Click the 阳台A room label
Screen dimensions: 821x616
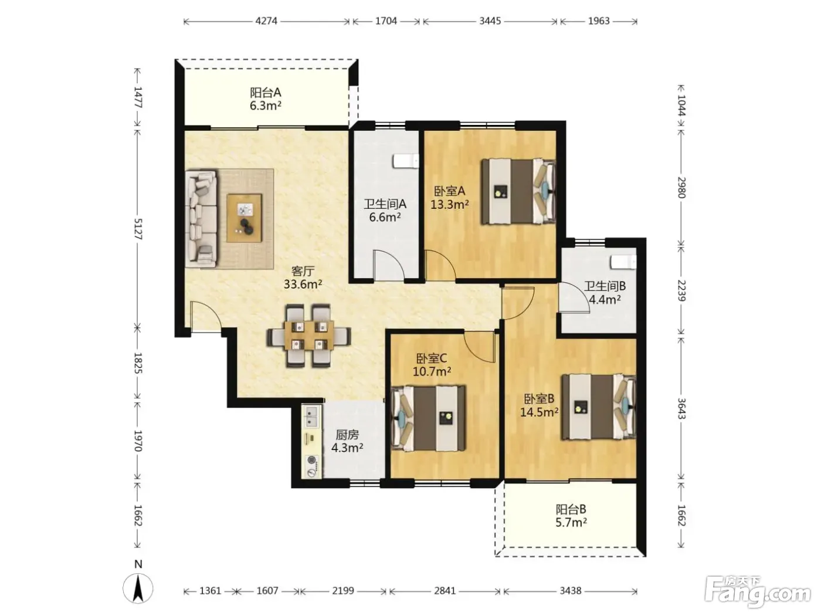pos(265,92)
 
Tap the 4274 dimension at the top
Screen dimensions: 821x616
pos(266,21)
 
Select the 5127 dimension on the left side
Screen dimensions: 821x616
pos(138,229)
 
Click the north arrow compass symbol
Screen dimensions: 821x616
pos(138,588)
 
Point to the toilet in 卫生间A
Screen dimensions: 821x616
pos(405,161)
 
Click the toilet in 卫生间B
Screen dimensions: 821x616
pos(623,262)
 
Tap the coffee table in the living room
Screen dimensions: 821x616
pos(244,218)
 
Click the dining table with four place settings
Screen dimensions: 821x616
pos(309,335)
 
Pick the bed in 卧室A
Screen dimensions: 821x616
pos(518,191)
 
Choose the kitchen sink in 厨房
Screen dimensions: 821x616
pos(311,417)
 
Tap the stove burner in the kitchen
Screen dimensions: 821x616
pos(312,466)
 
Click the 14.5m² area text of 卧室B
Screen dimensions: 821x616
pos(540,412)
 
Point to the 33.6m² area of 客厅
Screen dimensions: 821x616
pos(303,285)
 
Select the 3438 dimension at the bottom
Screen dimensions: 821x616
pos(571,591)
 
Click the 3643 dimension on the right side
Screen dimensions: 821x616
pos(681,408)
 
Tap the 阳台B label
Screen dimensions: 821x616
pos(571,509)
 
